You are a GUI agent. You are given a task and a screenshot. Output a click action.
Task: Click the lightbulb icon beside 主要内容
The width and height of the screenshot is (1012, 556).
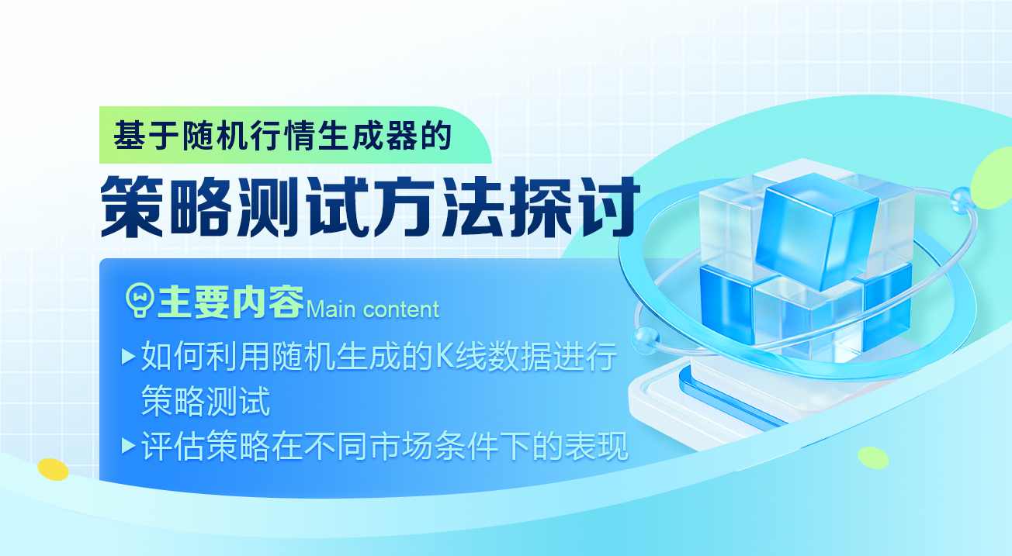point(140,300)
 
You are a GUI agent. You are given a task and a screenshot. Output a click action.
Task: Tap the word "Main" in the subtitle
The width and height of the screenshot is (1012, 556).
point(331,309)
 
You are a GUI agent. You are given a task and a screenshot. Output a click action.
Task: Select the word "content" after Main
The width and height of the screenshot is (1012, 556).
point(401,309)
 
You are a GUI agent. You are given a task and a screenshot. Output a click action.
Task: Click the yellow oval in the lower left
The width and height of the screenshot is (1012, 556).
point(53,469)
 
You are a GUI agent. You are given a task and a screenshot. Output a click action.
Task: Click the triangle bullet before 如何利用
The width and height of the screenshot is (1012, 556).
point(129,357)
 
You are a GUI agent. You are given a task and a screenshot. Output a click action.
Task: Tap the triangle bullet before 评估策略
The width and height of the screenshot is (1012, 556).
point(129,446)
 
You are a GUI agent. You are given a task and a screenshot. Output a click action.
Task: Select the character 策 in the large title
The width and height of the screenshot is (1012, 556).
point(132,207)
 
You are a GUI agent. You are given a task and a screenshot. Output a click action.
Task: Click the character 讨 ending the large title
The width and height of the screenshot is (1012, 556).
point(609,207)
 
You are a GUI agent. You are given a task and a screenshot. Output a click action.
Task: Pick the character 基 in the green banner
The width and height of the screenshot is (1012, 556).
point(129,136)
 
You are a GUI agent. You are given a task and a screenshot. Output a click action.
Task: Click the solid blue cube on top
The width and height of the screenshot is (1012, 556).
point(818,231)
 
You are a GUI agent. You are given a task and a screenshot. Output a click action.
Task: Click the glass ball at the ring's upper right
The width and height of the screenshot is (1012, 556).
point(961,200)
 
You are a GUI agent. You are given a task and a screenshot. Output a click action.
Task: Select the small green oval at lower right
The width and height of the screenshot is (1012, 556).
point(873,458)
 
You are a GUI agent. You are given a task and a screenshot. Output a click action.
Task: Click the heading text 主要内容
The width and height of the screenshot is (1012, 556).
point(230,302)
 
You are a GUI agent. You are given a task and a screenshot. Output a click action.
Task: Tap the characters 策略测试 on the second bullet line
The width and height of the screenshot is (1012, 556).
point(206,401)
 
